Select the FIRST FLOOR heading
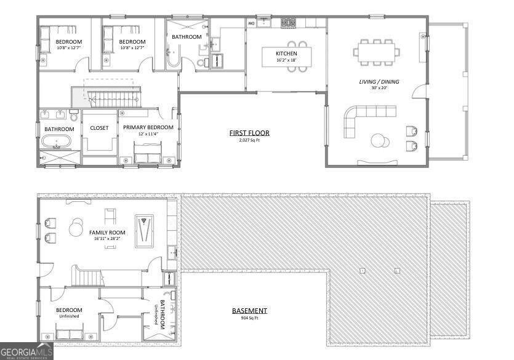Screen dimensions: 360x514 tap(249, 133)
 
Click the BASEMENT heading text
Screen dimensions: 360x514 tap(249, 311)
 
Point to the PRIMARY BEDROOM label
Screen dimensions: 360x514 tap(148, 127)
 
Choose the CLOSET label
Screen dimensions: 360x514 tap(99, 128)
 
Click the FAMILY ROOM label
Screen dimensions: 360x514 tap(107, 233)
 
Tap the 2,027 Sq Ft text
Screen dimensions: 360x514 tap(249, 140)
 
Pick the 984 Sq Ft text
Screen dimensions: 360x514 tap(249, 318)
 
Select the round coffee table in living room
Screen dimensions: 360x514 tap(380, 141)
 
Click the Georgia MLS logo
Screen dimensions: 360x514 tap(26, 352)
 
